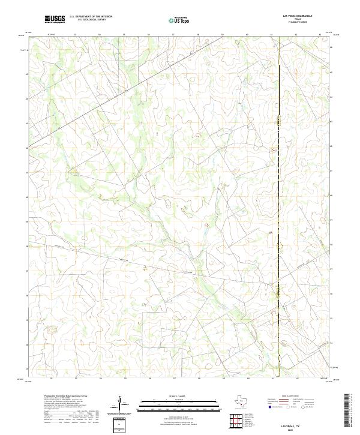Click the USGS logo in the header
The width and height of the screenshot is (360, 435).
(55, 19)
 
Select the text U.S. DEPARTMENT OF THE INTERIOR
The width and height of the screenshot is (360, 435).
(91, 17)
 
